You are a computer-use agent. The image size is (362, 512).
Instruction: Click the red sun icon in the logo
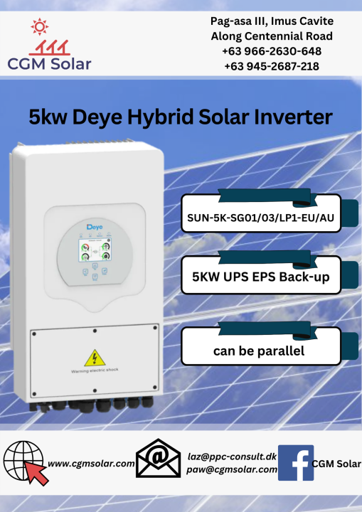click(39, 27)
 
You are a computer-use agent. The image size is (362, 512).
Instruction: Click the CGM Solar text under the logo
click(50, 64)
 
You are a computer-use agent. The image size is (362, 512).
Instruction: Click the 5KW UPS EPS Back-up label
click(261, 276)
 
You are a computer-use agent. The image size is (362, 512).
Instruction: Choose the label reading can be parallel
click(259, 351)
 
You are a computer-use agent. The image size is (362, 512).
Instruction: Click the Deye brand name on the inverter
click(95, 226)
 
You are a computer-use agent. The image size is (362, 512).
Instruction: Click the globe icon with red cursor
click(26, 462)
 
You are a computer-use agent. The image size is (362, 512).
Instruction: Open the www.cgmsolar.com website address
click(92, 464)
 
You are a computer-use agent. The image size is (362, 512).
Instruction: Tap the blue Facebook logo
click(294, 462)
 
